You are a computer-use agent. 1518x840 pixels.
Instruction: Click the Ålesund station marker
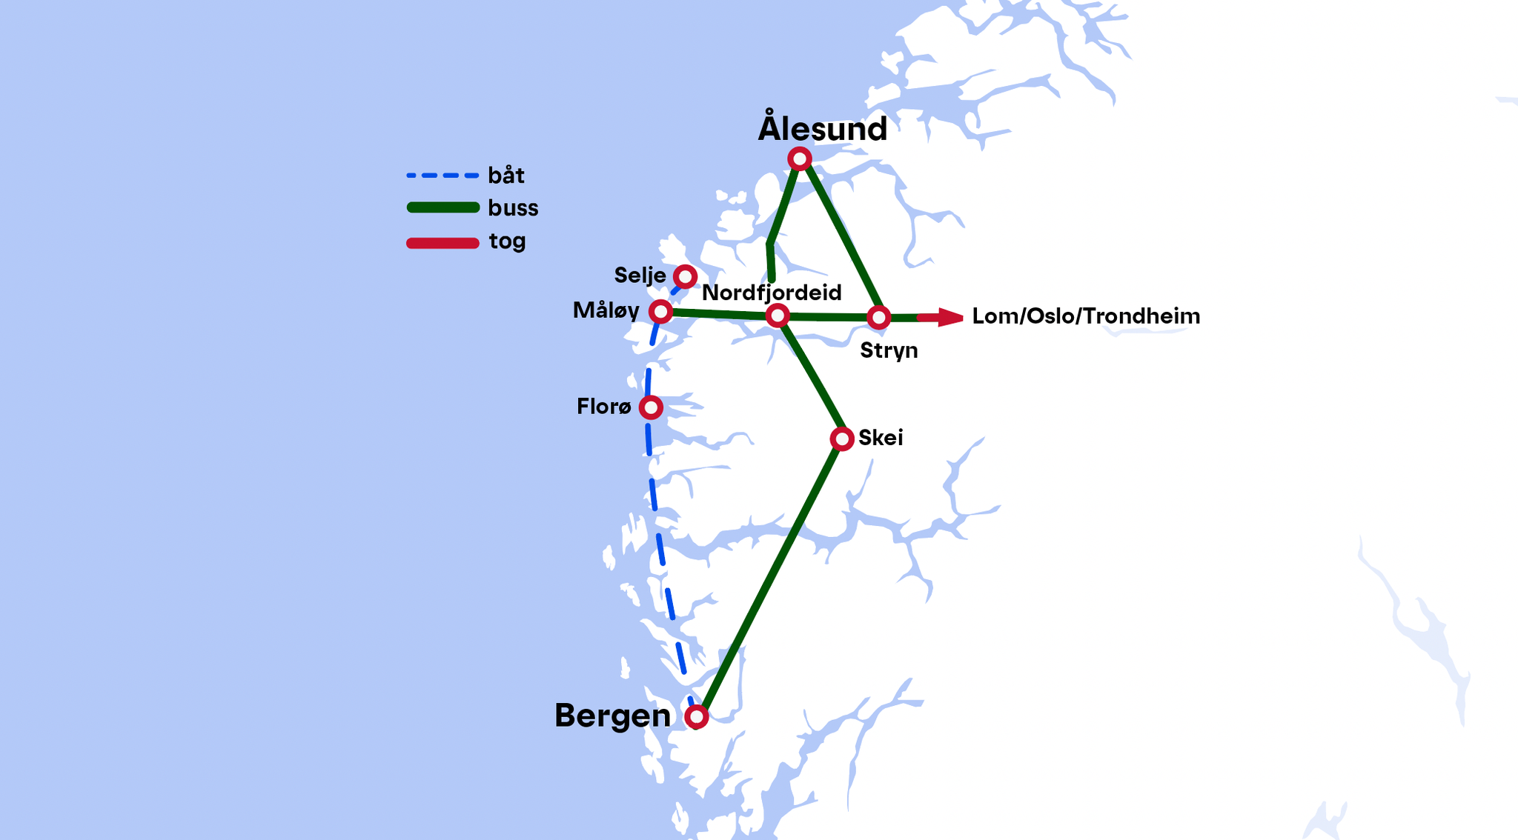click(799, 159)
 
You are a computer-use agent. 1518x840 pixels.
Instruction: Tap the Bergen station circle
click(696, 716)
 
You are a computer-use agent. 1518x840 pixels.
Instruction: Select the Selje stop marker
click(685, 277)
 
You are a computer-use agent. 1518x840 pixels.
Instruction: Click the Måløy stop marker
click(660, 312)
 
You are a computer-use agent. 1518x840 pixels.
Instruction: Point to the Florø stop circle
click(651, 407)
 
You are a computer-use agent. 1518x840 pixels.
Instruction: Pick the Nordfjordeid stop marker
click(777, 316)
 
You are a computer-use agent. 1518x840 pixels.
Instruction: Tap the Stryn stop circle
click(878, 318)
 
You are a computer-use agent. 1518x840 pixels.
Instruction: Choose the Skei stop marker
click(842, 439)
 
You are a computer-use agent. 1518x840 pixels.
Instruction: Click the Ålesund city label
click(822, 129)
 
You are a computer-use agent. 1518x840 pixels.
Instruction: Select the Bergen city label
click(612, 716)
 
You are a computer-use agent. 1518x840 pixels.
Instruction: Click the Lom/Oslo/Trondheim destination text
click(1086, 316)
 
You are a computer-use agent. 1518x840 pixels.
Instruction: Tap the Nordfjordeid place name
click(772, 293)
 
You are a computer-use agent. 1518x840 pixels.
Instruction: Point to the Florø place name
click(604, 407)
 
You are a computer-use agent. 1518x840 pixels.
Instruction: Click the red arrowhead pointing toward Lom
click(949, 317)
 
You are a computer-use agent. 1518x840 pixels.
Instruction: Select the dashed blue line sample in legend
click(443, 176)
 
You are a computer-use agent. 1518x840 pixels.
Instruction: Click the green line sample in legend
click(443, 207)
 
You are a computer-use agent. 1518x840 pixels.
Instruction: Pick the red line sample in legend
click(443, 243)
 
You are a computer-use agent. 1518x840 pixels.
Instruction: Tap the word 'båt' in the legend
click(506, 176)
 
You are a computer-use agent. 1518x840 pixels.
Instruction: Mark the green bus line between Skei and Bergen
click(771, 578)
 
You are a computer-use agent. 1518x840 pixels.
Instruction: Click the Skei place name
click(881, 438)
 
